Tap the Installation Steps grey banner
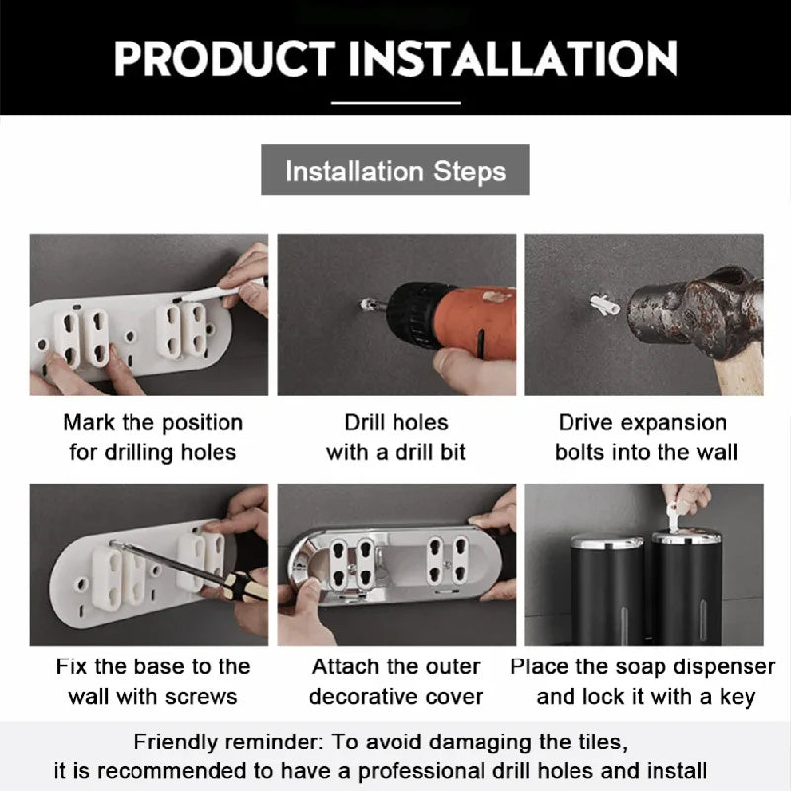(x=395, y=170)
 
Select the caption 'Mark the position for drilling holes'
(x=152, y=437)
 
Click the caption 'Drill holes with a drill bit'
(x=395, y=437)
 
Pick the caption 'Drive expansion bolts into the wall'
(x=642, y=437)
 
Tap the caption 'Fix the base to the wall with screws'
(x=152, y=680)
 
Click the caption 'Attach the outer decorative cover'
(x=395, y=680)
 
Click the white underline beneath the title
(x=395, y=101)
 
